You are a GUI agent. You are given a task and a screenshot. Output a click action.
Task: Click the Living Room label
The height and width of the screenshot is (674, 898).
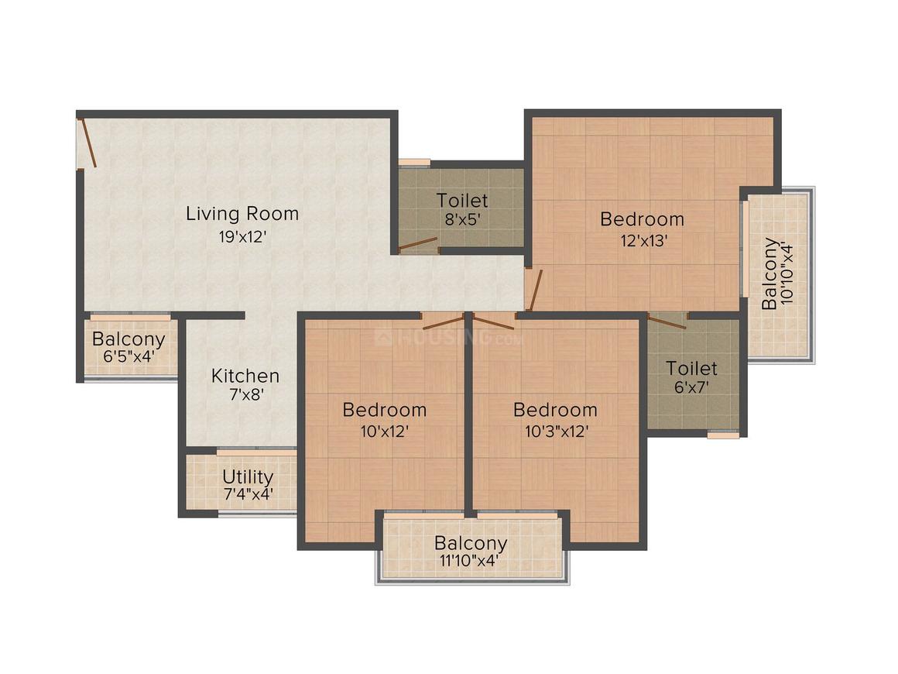[242, 214]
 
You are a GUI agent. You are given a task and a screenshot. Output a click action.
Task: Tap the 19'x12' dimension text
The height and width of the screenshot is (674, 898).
[243, 236]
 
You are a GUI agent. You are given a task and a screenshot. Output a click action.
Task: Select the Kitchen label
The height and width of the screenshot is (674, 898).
[245, 376]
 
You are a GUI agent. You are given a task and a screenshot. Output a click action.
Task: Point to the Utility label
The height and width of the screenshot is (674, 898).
[248, 477]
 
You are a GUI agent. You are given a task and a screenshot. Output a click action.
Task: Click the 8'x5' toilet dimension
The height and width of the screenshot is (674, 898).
[462, 219]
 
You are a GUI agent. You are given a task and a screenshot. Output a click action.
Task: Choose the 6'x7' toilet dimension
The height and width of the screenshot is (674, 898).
[691, 387]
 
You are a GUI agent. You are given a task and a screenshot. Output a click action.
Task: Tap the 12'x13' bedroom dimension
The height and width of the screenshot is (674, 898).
[644, 240]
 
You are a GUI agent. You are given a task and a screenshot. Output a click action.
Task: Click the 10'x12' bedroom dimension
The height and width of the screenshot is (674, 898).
[384, 431]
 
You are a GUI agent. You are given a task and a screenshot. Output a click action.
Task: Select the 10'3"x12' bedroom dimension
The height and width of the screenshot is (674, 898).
[557, 431]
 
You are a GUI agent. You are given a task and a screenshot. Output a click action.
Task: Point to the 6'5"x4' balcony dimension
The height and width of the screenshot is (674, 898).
[129, 356]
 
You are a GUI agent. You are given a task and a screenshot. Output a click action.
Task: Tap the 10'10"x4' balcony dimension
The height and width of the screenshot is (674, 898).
[787, 274]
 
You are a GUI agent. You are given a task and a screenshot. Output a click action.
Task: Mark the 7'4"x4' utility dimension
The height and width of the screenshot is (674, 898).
[248, 493]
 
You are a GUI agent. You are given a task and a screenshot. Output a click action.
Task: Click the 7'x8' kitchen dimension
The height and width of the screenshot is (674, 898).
[246, 394]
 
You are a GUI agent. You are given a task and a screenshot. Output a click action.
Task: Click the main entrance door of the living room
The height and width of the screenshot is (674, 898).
[87, 143]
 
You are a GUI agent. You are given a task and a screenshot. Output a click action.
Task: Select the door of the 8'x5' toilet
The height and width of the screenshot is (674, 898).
[418, 245]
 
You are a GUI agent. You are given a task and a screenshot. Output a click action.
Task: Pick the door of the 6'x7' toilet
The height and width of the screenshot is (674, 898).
[667, 322]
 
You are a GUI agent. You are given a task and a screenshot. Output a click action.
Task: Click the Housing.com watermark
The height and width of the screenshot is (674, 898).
[449, 337]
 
